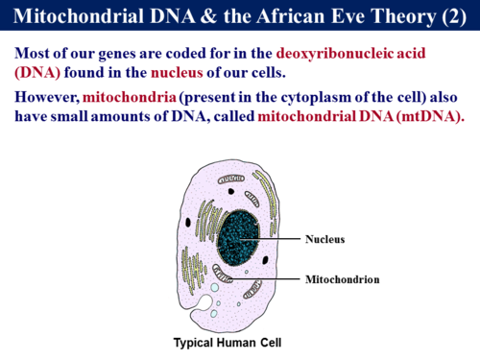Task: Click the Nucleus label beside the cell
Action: tap(324, 238)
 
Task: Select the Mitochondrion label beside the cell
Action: tap(343, 279)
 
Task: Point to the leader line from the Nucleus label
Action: tap(278, 238)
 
